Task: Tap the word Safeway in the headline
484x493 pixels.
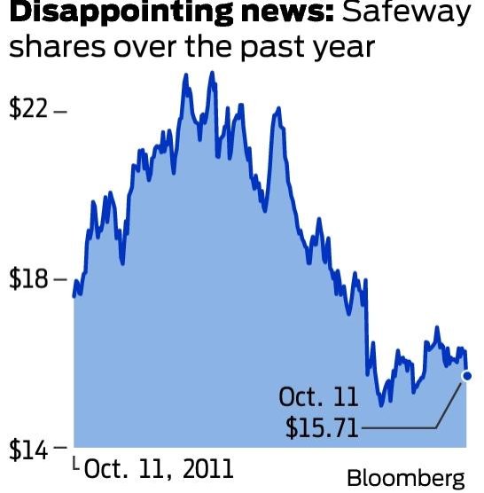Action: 402,14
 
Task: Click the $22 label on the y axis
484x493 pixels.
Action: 29,112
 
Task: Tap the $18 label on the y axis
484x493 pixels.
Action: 29,279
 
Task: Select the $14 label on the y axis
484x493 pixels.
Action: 29,448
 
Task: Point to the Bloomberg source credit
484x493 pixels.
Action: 405,477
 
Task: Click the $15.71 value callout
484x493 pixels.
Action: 322,428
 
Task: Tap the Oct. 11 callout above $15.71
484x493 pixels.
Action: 317,396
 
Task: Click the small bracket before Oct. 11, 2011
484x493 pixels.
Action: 75,463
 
